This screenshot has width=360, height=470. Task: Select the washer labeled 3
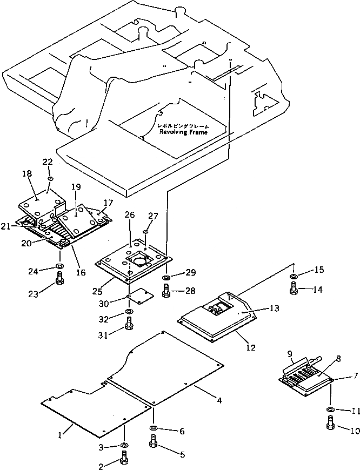click(125, 445)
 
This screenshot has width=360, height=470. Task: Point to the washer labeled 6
click(154, 428)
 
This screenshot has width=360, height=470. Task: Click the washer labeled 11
click(330, 410)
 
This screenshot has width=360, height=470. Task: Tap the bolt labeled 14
click(294, 290)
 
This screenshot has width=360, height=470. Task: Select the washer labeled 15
click(293, 277)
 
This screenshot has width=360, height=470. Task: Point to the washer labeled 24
click(58, 266)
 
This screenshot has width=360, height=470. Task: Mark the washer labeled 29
click(166, 278)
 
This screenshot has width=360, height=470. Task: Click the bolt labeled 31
click(129, 324)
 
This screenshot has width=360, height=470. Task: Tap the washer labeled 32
click(129, 312)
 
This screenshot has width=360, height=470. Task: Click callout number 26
click(129, 214)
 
